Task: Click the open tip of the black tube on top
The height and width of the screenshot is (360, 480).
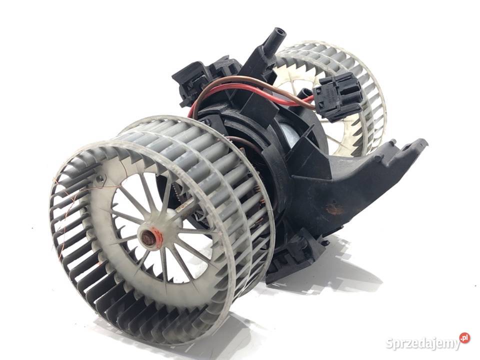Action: click(279, 30)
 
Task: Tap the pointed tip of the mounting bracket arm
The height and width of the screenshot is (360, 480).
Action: click(424, 141)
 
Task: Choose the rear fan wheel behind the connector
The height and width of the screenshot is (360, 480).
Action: click(333, 95)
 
